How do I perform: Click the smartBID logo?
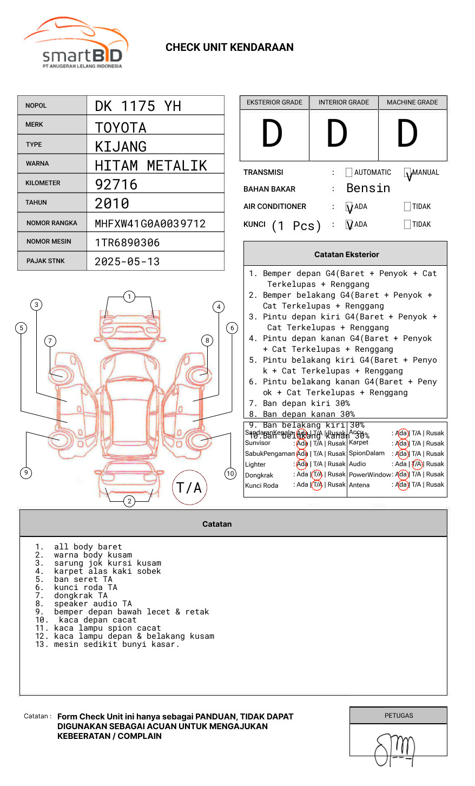(x=76, y=43)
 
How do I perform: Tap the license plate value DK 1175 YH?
(x=138, y=106)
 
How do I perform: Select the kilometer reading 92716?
(x=116, y=185)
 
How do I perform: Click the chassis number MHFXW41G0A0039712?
(x=150, y=224)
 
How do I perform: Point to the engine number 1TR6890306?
(x=127, y=243)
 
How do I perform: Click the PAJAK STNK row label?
(x=45, y=261)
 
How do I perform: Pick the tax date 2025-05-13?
(x=127, y=261)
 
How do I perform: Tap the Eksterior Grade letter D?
(x=272, y=134)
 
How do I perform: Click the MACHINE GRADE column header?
(x=412, y=102)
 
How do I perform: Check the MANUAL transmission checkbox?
(x=408, y=173)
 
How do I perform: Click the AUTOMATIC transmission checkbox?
(x=349, y=173)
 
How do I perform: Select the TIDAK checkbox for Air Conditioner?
(x=407, y=207)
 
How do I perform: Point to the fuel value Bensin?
(x=368, y=188)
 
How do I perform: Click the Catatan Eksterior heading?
(x=346, y=254)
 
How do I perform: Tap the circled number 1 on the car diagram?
(x=129, y=297)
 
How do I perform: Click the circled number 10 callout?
(x=230, y=474)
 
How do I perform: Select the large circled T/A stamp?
(x=189, y=488)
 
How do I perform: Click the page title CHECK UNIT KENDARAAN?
(x=229, y=48)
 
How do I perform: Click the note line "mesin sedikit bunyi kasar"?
(x=116, y=644)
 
